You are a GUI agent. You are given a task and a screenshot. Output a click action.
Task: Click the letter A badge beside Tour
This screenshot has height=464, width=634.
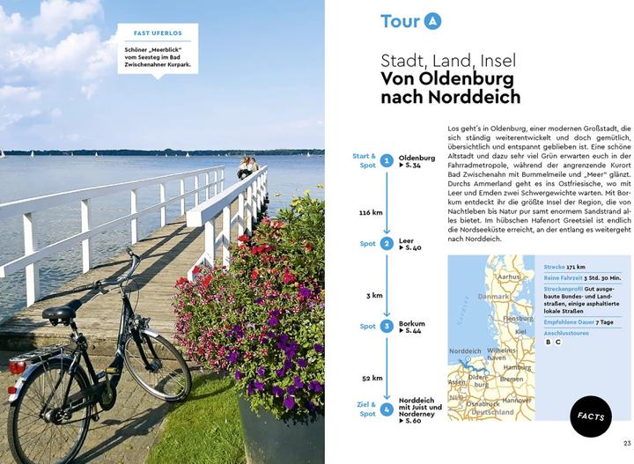tap(431, 21)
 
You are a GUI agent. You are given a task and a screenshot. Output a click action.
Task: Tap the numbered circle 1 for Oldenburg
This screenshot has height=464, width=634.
tap(387, 160)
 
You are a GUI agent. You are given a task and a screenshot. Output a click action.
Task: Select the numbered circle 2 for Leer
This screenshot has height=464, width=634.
tap(387, 243)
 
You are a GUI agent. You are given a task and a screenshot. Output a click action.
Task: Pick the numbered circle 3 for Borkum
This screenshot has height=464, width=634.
tap(387, 326)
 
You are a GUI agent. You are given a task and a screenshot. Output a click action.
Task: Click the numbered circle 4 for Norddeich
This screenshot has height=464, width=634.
tap(387, 409)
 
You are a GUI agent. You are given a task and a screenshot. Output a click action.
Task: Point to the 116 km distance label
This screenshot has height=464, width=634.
tap(371, 213)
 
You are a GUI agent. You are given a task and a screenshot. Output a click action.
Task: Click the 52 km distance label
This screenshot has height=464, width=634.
tap(372, 378)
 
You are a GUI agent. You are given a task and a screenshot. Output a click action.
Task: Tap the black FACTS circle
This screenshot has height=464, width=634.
tap(591, 416)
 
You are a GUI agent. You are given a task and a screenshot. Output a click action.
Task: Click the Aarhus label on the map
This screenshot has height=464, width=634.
tap(509, 276)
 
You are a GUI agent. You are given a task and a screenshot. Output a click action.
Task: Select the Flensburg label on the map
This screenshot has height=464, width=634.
tap(518, 319)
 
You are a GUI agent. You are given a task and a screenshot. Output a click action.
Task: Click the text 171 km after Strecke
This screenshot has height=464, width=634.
tap(576, 266)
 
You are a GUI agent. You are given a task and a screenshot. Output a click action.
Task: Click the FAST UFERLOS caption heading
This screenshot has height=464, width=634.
tap(158, 33)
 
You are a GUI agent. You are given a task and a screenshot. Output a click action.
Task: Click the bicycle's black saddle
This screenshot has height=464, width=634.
tap(63, 311)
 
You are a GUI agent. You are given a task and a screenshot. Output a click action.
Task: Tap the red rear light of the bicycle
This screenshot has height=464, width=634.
tap(17, 365)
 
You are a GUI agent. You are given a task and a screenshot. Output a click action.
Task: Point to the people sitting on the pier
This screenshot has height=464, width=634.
tap(247, 166)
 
